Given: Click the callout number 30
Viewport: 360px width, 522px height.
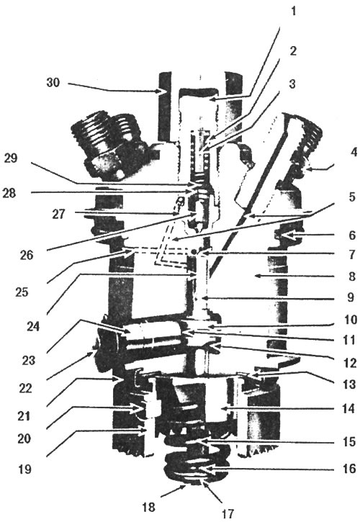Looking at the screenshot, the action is point(53,83).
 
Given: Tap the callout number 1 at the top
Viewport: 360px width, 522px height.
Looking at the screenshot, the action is point(293,12).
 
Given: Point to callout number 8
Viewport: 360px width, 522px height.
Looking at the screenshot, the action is point(351,276).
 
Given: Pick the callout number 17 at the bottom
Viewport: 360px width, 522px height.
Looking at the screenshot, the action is point(228,513).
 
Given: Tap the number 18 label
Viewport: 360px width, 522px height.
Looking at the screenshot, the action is point(149,508).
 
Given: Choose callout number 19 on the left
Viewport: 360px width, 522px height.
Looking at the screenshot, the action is point(24,469).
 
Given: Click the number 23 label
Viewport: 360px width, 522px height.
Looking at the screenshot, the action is point(28,361).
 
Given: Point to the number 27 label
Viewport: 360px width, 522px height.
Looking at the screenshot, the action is point(59,214).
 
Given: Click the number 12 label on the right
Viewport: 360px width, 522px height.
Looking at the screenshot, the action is point(350,363).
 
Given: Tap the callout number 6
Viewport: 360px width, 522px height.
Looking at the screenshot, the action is point(351,235).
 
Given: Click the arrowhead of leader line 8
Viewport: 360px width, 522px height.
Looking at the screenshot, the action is point(255,275).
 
